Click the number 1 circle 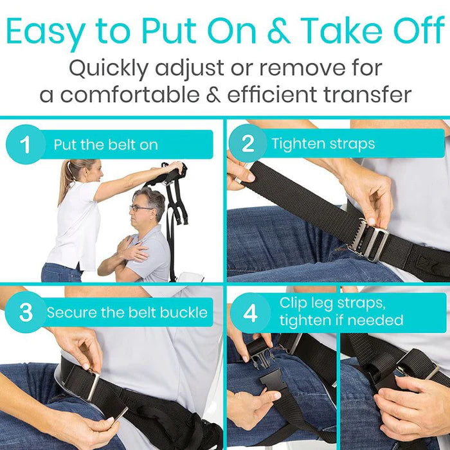click(x=25, y=145)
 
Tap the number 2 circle click(x=248, y=144)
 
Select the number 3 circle click(x=25, y=312)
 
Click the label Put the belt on click(x=105, y=145)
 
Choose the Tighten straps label click(x=323, y=143)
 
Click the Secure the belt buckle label click(x=127, y=313)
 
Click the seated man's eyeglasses click(x=140, y=208)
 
